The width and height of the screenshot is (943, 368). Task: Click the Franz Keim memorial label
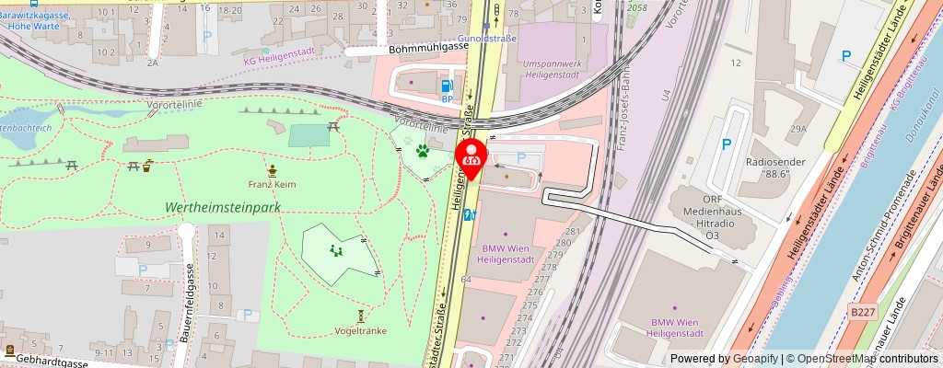(x=272, y=184)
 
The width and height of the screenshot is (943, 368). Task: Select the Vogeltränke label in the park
(x=361, y=330)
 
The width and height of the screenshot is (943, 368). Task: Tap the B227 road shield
(x=863, y=313)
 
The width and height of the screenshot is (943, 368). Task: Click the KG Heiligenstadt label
(x=279, y=60)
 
